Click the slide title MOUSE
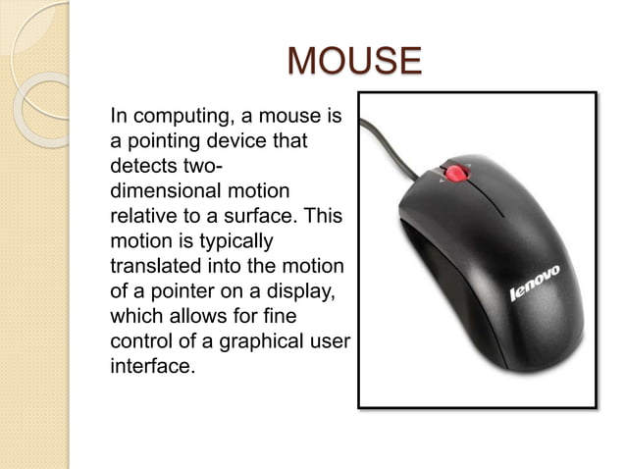[354, 62]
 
